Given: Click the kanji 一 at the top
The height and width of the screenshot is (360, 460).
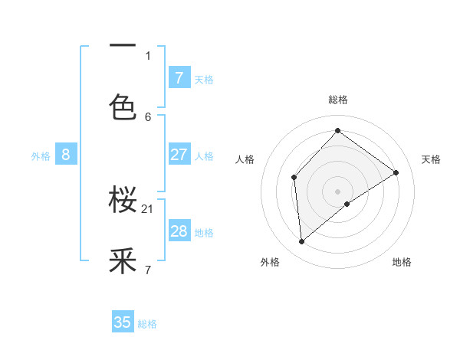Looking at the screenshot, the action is click(123, 46).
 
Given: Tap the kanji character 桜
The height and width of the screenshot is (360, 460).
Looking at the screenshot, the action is click(123, 201).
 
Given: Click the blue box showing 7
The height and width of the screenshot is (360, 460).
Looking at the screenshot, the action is click(179, 77).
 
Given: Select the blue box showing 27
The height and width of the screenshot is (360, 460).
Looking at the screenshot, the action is click(179, 155).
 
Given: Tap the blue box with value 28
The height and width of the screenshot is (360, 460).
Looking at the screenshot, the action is click(179, 231).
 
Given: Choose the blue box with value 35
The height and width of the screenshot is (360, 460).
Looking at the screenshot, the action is click(123, 322).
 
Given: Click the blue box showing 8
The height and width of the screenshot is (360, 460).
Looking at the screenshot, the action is click(66, 155).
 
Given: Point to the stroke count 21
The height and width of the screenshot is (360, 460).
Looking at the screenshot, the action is click(149, 208).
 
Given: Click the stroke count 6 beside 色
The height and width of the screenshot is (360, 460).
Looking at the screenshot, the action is click(148, 116).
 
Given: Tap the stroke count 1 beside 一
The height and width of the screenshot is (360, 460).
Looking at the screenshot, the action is click(148, 55).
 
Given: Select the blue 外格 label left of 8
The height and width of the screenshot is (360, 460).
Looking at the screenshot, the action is click(41, 156).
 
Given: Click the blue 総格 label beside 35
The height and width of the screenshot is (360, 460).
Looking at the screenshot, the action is click(147, 324).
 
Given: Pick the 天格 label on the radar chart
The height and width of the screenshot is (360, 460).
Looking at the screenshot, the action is click(431, 159).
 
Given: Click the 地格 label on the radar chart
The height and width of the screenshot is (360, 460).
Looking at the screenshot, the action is click(402, 262).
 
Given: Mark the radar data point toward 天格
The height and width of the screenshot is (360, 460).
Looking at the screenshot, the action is click(396, 172).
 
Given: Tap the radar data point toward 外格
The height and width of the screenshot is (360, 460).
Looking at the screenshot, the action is click(302, 241).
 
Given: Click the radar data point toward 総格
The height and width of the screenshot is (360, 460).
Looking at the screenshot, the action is click(337, 130).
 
